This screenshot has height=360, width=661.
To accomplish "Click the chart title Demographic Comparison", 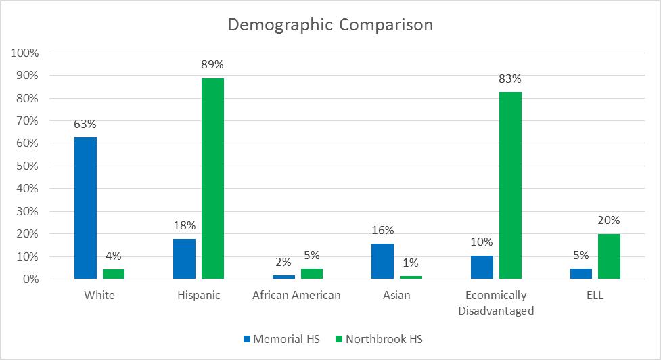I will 330,25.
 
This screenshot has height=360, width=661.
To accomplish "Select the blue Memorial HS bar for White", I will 85,208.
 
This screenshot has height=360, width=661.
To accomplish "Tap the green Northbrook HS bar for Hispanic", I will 212,179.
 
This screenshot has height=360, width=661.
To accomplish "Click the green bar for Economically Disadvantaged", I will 510,185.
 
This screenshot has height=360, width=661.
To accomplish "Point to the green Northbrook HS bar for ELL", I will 609,256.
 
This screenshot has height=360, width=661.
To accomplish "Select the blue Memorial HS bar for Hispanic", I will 184,258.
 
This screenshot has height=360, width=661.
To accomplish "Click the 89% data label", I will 212,65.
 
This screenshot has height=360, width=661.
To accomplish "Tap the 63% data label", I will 85,124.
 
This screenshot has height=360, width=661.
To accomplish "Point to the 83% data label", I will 510,78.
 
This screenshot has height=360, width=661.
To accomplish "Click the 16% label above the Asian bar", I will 383,230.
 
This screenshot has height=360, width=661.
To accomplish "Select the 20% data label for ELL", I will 609,220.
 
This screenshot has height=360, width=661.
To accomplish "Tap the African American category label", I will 296,296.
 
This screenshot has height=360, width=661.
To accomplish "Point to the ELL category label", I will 595,296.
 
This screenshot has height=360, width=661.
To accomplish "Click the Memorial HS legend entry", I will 281,338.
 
